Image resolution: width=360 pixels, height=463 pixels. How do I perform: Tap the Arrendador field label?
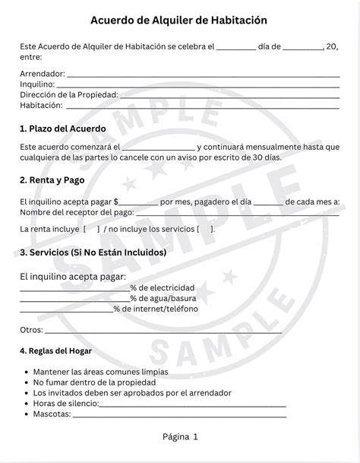click(42, 73)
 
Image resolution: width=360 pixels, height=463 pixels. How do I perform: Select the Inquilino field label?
click(38, 84)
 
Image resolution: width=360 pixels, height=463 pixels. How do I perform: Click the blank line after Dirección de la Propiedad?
click(229, 96)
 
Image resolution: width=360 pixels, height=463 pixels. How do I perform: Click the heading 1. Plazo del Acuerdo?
click(63, 128)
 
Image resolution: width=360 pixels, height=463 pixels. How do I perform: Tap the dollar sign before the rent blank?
click(115, 201)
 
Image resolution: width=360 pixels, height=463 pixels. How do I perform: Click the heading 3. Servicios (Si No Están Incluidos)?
click(93, 252)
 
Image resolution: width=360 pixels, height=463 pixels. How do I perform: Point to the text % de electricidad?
click(162, 287)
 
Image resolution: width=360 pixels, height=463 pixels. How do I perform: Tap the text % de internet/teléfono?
click(156, 309)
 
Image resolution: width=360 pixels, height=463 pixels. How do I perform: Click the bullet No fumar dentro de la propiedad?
click(94, 382)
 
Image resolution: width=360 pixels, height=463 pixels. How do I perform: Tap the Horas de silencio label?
click(66, 404)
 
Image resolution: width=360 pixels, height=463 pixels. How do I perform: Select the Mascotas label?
click(52, 414)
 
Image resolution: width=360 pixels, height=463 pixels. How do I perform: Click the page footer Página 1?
click(180, 436)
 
